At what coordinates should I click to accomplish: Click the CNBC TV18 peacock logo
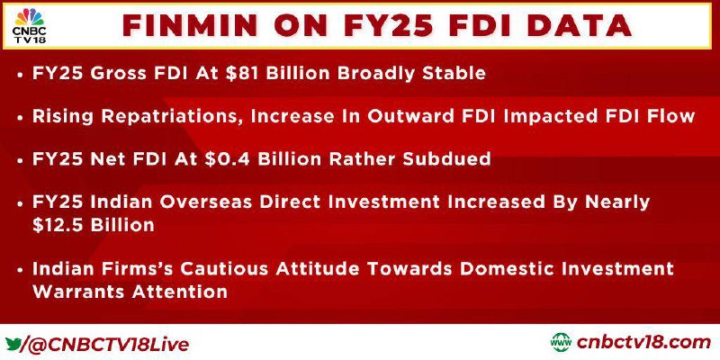[30, 26]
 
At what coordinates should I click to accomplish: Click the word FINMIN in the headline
[190, 26]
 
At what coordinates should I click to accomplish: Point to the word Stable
[453, 74]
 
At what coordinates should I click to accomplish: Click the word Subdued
[446, 159]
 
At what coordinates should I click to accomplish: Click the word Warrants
[79, 292]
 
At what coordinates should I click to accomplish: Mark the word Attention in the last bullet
[179, 292]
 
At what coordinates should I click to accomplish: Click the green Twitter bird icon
[13, 344]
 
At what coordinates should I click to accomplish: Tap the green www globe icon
[561, 343]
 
